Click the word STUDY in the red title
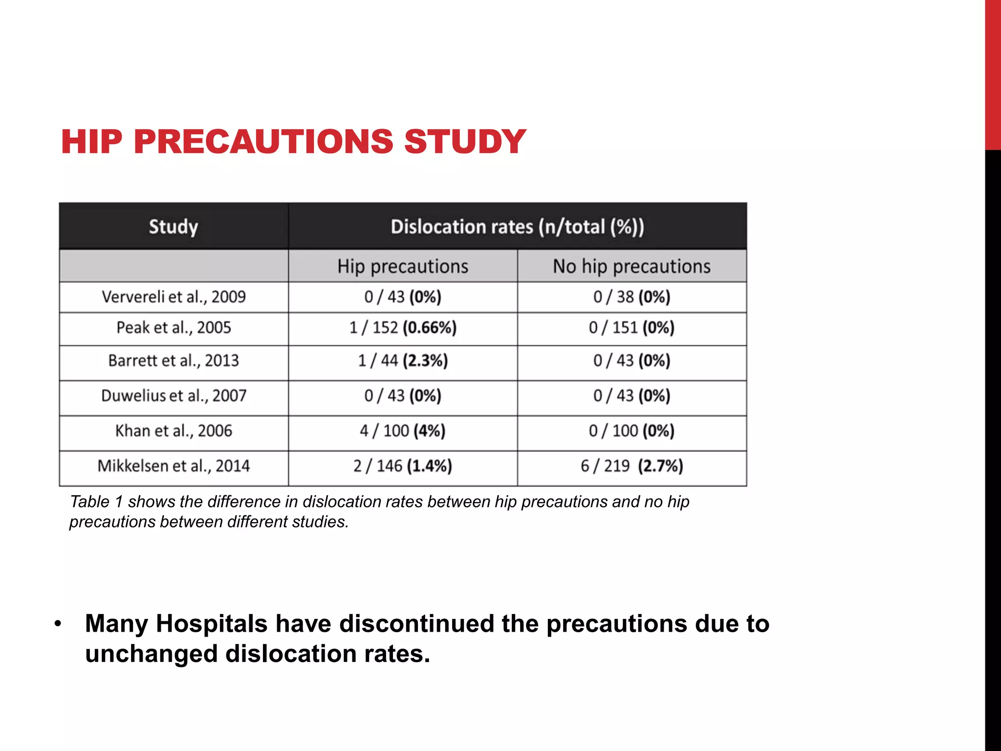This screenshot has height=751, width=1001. tap(464, 142)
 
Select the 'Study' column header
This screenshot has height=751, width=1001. tap(174, 227)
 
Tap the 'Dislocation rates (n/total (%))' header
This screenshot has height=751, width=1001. tap(517, 227)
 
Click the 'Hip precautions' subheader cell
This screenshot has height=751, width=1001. tap(403, 266)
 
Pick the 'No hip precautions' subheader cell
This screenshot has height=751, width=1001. tap(631, 266)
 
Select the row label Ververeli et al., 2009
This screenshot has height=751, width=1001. tap(174, 297)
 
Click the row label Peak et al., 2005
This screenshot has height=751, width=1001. tap(174, 328)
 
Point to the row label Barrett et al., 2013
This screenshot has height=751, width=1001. tap(174, 361)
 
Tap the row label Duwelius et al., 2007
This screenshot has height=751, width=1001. tap(174, 396)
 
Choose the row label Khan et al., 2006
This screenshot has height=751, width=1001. tap(174, 431)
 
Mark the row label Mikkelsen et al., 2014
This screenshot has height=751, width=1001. tap(174, 466)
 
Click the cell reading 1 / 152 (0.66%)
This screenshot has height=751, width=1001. tap(403, 328)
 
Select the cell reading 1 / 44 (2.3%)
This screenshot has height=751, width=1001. tap(403, 361)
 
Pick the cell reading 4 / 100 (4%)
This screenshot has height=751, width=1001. tap(403, 431)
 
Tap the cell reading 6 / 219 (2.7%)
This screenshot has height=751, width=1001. tap(631, 466)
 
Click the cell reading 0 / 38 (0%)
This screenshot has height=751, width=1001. tap(631, 297)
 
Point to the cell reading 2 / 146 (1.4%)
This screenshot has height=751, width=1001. tap(403, 466)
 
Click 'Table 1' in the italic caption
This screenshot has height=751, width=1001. tap(96, 502)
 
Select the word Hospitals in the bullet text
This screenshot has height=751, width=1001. tap(211, 624)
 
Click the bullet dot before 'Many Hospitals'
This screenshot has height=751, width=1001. tap(58, 624)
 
